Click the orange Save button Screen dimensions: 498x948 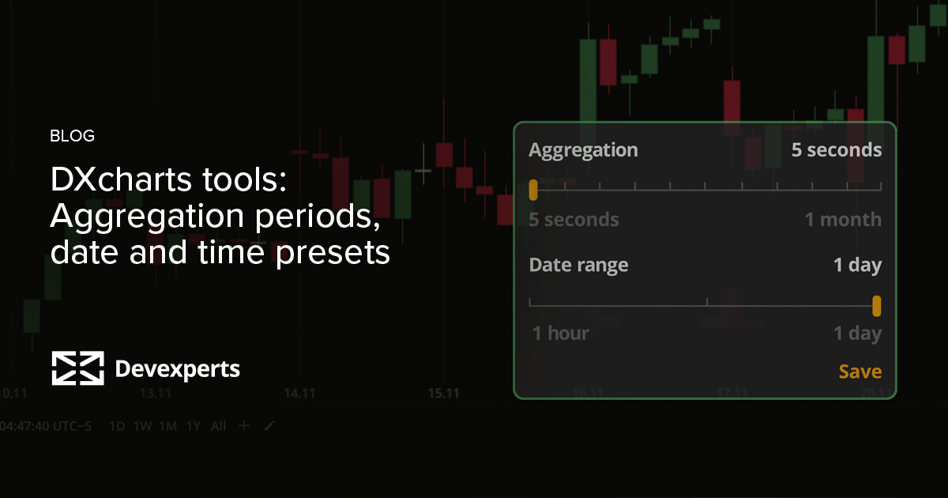(x=860, y=372)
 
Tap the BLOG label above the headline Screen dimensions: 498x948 (x=72, y=136)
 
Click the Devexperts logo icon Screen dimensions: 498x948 (x=77, y=368)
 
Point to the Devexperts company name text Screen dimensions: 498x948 (x=178, y=368)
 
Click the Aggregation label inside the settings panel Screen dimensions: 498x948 (x=583, y=149)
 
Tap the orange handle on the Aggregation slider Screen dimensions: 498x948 (x=533, y=189)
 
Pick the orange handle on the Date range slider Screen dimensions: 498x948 (x=876, y=306)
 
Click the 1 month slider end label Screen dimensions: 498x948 (x=843, y=219)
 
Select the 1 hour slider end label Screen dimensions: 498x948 (x=560, y=333)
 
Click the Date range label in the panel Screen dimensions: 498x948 (x=578, y=265)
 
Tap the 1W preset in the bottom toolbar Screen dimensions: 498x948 (x=142, y=426)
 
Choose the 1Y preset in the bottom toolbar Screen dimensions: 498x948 (x=193, y=426)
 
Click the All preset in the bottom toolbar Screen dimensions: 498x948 (x=218, y=426)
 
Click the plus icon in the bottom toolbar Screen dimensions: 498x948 (x=244, y=426)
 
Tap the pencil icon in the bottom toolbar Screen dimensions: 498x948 (x=269, y=426)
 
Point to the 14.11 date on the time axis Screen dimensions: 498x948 (x=299, y=393)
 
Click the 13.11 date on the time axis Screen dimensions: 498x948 (x=155, y=393)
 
